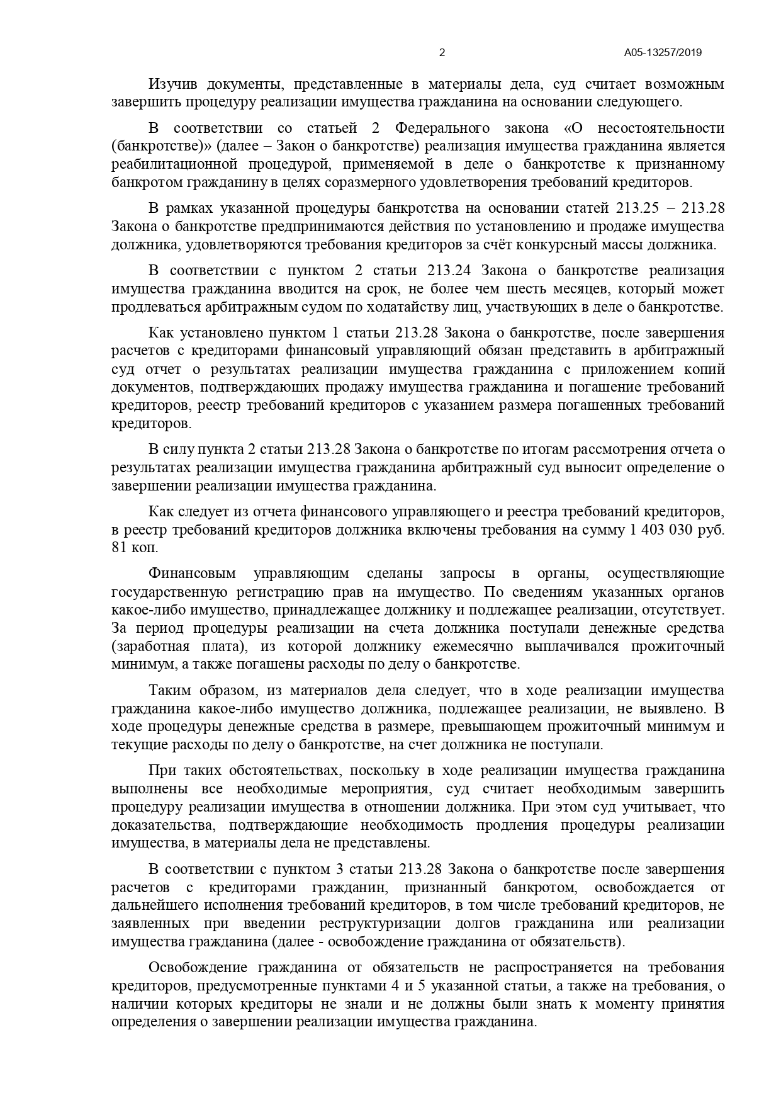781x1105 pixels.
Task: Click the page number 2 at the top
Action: tap(442, 53)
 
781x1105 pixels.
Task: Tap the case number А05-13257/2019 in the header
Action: tap(663, 53)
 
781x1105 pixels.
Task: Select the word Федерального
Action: tap(442, 128)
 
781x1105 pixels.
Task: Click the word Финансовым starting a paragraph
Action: tap(192, 574)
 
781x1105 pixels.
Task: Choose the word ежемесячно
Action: tap(480, 647)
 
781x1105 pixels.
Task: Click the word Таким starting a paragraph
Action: tap(169, 691)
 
